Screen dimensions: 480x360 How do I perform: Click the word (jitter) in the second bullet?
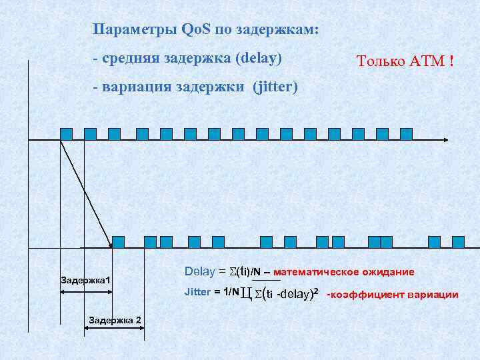click(275, 87)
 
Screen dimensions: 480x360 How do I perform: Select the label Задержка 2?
click(114, 320)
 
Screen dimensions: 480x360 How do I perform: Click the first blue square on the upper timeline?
click(66, 133)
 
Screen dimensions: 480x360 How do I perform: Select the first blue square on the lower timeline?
click(118, 241)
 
